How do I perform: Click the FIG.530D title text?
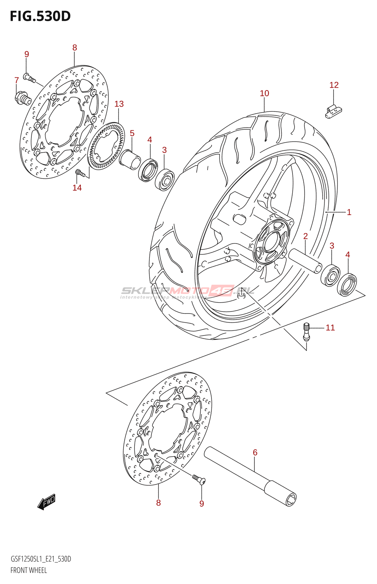click(40, 16)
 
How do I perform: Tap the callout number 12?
click(334, 85)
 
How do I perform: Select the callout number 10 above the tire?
click(264, 93)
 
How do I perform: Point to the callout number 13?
click(119, 104)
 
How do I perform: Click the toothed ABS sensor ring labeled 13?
click(106, 146)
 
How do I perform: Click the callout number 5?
click(132, 133)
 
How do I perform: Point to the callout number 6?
click(255, 453)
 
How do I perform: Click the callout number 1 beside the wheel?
click(349, 212)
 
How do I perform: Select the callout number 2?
click(305, 236)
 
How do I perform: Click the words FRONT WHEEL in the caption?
click(28, 570)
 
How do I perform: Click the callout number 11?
click(330, 328)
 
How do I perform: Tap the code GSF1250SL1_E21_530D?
click(41, 559)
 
